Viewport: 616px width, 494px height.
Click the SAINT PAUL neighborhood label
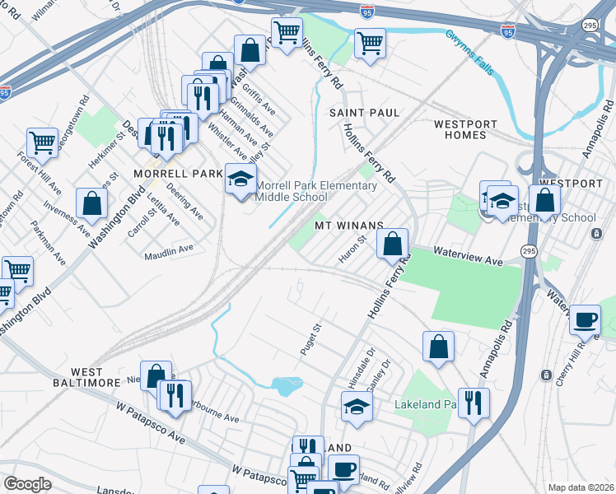[x=364, y=112]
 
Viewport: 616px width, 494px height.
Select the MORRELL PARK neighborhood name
[x=179, y=174]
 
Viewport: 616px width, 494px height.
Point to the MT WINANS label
[x=349, y=225]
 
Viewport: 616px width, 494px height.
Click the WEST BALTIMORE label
[x=97, y=378]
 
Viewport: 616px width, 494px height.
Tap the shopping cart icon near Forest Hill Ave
[x=41, y=142]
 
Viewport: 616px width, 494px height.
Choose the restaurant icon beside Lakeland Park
[x=473, y=402]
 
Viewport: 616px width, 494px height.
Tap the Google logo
[x=27, y=484]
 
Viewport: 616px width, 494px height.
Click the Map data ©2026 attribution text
[x=580, y=487]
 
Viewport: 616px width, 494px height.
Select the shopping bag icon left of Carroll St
[x=92, y=203]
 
